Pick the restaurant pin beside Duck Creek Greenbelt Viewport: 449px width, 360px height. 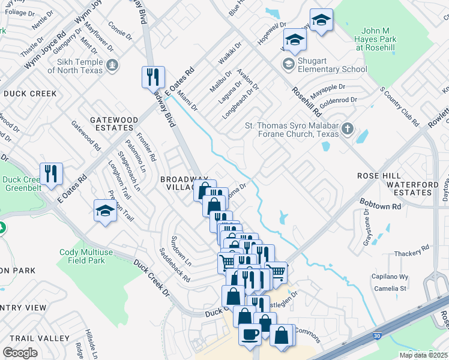click(51, 173)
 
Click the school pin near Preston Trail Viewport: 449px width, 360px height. click(105, 211)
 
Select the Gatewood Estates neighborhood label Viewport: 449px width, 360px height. click(110, 124)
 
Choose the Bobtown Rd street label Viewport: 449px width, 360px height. click(380, 205)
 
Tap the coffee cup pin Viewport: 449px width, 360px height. click(250, 333)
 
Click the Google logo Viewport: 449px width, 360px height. click(20, 352)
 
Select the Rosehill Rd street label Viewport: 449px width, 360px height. click(306, 100)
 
